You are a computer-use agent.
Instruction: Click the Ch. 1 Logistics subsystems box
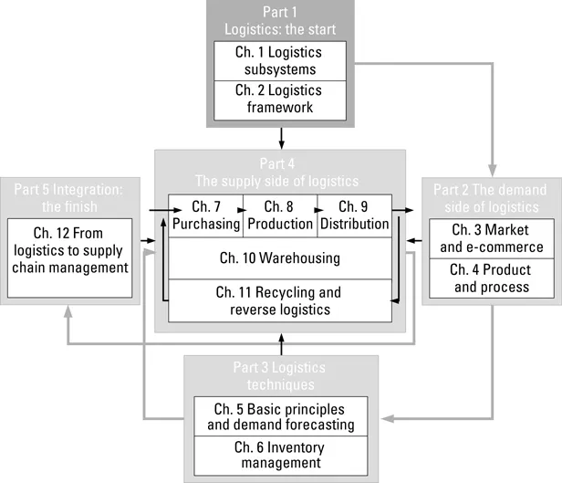(281, 59)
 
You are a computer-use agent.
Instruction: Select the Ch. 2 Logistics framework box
(281, 98)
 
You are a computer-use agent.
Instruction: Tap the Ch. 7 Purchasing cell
(205, 214)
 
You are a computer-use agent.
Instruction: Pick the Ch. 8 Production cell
(280, 214)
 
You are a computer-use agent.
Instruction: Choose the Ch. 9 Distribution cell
(354, 214)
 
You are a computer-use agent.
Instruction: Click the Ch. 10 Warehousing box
(280, 258)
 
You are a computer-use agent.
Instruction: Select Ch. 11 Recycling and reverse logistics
(280, 299)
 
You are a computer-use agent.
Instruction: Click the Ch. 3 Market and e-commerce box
(492, 238)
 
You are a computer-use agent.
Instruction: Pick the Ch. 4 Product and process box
(492, 278)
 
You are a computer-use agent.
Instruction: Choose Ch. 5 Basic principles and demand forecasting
(281, 416)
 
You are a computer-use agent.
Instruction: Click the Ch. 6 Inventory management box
(281, 455)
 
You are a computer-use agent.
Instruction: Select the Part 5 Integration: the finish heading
(69, 195)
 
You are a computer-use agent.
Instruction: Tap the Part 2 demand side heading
(491, 195)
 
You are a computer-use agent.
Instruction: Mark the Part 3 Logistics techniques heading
(281, 375)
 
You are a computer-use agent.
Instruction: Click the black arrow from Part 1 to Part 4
(281, 138)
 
